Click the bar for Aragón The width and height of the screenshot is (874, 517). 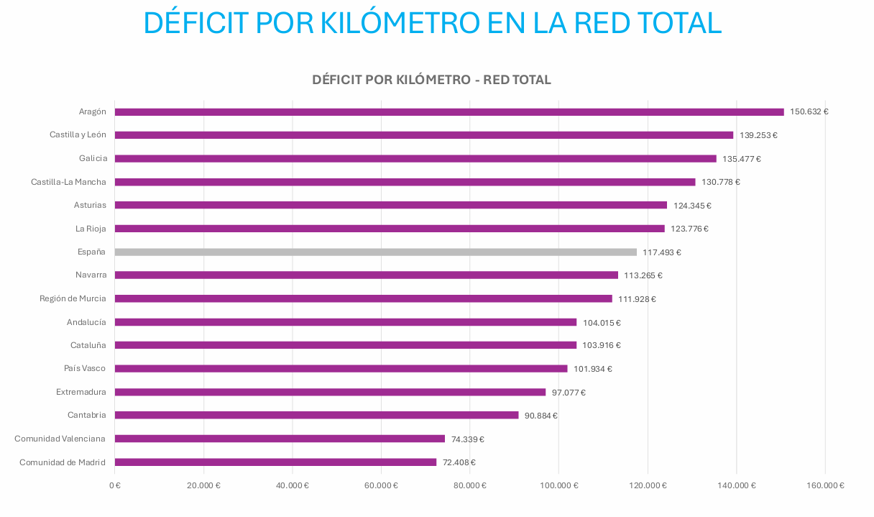tap(449, 112)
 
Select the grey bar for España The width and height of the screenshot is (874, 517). tap(375, 252)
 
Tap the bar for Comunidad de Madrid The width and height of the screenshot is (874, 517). tap(275, 462)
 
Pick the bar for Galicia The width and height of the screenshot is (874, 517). tap(415, 159)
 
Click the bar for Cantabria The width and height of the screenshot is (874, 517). tap(316, 416)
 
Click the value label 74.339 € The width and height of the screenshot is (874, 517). tap(467, 439)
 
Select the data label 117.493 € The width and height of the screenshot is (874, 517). tap(662, 252)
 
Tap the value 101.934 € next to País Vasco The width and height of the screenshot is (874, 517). tap(593, 369)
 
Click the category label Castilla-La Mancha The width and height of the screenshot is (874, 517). tap(68, 182)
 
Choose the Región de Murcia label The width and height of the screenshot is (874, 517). tap(73, 298)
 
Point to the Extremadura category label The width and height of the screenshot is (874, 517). tap(81, 392)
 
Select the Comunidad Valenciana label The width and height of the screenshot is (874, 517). tap(60, 439)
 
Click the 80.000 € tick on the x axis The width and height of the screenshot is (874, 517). tap(470, 485)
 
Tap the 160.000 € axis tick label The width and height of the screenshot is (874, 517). tap(825, 485)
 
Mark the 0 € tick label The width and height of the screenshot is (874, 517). tap(115, 485)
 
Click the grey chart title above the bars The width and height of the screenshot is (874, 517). tap(431, 80)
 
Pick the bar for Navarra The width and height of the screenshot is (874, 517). tap(366, 275)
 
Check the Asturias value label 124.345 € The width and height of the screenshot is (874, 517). tap(692, 206)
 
